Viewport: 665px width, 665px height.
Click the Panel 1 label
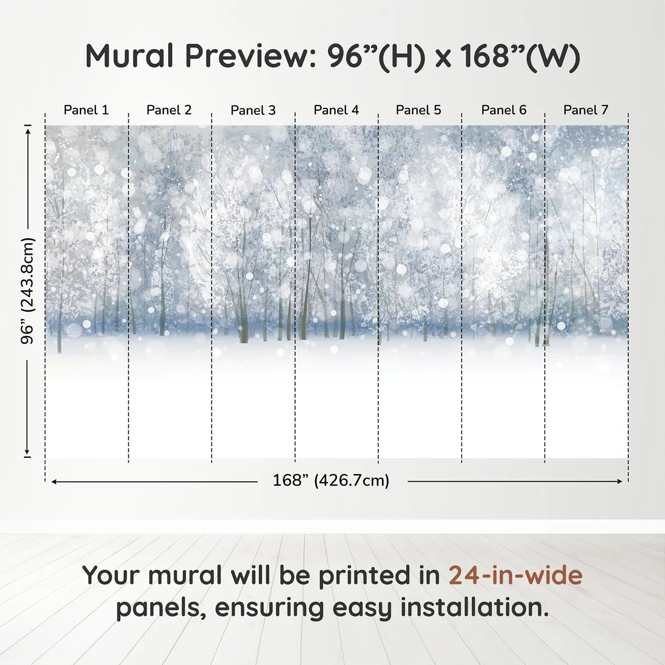pyautogui.click(x=86, y=110)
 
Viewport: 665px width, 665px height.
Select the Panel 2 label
pyautogui.click(x=169, y=110)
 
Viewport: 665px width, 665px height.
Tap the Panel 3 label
pyautogui.click(x=253, y=110)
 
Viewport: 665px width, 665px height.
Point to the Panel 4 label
pyautogui.click(x=336, y=110)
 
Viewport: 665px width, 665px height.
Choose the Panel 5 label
pyautogui.click(x=418, y=110)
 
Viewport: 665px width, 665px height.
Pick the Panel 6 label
pyautogui.click(x=503, y=110)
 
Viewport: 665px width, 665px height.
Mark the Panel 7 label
pyautogui.click(x=585, y=110)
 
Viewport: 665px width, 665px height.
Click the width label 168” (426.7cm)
pyautogui.click(x=331, y=480)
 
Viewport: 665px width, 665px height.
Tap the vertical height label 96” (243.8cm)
pyautogui.click(x=28, y=291)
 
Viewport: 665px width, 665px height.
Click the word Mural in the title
pyautogui.click(x=129, y=56)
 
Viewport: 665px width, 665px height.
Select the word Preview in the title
pyautogui.click(x=247, y=56)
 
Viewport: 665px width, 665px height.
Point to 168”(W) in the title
pyautogui.click(x=520, y=56)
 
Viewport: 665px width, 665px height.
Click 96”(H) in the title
pyautogui.click(x=375, y=56)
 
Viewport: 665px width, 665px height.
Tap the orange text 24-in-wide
pyautogui.click(x=515, y=575)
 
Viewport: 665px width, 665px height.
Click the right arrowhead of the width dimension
pyautogui.click(x=619, y=482)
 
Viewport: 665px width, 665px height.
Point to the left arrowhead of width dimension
pyautogui.click(x=54, y=482)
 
